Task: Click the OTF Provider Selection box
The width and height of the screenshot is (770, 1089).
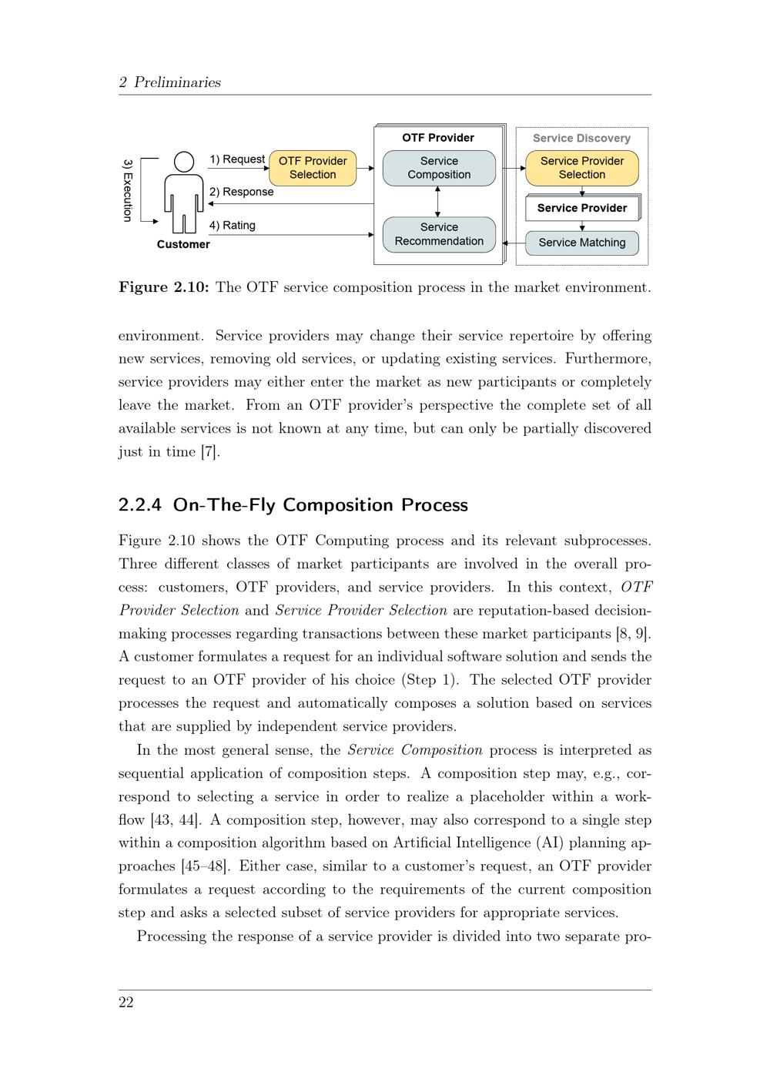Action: (313, 168)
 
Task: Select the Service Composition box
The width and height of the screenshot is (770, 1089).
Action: (439, 168)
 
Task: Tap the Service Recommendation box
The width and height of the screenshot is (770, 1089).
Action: (439, 234)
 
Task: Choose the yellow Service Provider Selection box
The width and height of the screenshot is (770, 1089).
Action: (582, 168)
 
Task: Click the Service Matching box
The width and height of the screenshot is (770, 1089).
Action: (582, 243)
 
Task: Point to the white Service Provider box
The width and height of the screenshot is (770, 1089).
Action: (582, 208)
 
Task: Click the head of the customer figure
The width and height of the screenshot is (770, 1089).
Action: (184, 162)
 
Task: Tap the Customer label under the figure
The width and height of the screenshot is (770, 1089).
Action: (183, 244)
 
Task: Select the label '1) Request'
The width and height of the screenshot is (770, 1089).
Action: (237, 159)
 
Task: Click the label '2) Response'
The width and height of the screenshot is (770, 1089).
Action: (241, 192)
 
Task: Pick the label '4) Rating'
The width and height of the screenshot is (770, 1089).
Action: (232, 226)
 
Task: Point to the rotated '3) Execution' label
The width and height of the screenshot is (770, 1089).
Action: (128, 190)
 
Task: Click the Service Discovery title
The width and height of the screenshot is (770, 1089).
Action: (581, 139)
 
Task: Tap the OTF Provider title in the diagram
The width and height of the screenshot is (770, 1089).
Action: (438, 138)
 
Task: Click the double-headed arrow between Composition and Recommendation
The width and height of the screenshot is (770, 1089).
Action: (438, 201)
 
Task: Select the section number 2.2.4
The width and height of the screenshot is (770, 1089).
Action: (140, 505)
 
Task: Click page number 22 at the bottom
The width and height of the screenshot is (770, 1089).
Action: (126, 1002)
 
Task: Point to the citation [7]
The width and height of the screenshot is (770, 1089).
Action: (209, 452)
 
